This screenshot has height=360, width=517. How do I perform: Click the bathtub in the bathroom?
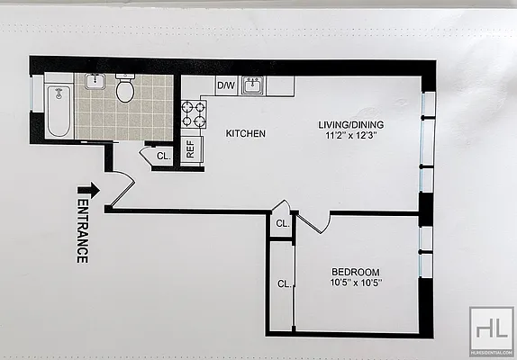[x=58, y=111]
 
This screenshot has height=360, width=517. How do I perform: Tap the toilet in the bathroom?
[x=125, y=90]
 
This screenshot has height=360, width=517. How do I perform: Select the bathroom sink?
[x=95, y=82]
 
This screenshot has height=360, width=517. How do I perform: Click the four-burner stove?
[x=193, y=114]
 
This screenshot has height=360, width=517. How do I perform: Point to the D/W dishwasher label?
[x=226, y=86]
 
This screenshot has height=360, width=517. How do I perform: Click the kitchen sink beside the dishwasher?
[x=254, y=86]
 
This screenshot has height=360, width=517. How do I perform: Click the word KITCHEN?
[x=245, y=133]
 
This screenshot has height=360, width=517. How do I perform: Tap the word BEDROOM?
[x=355, y=273]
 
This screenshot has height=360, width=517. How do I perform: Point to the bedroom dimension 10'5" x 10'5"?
[x=355, y=284]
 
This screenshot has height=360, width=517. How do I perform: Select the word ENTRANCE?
[x=81, y=231]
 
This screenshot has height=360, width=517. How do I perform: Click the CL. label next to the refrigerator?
[x=163, y=156]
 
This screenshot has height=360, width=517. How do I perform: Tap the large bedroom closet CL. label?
[x=283, y=283]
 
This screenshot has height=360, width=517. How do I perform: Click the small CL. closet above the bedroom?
[x=282, y=223]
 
